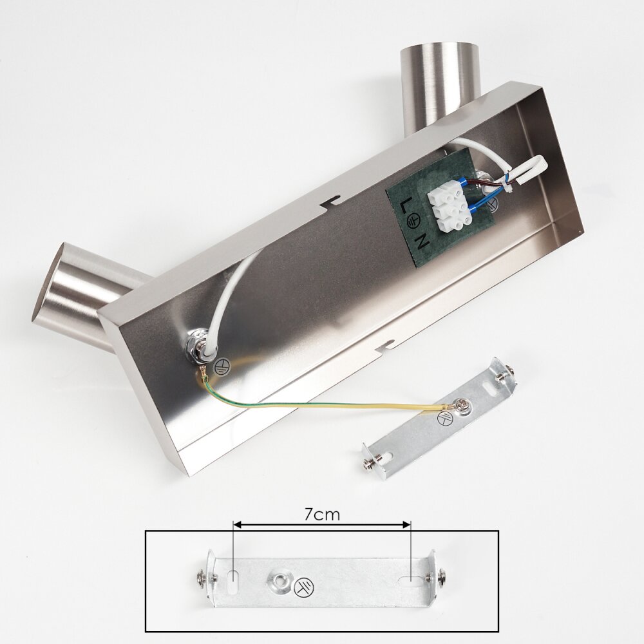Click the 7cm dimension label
(x=322, y=514)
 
